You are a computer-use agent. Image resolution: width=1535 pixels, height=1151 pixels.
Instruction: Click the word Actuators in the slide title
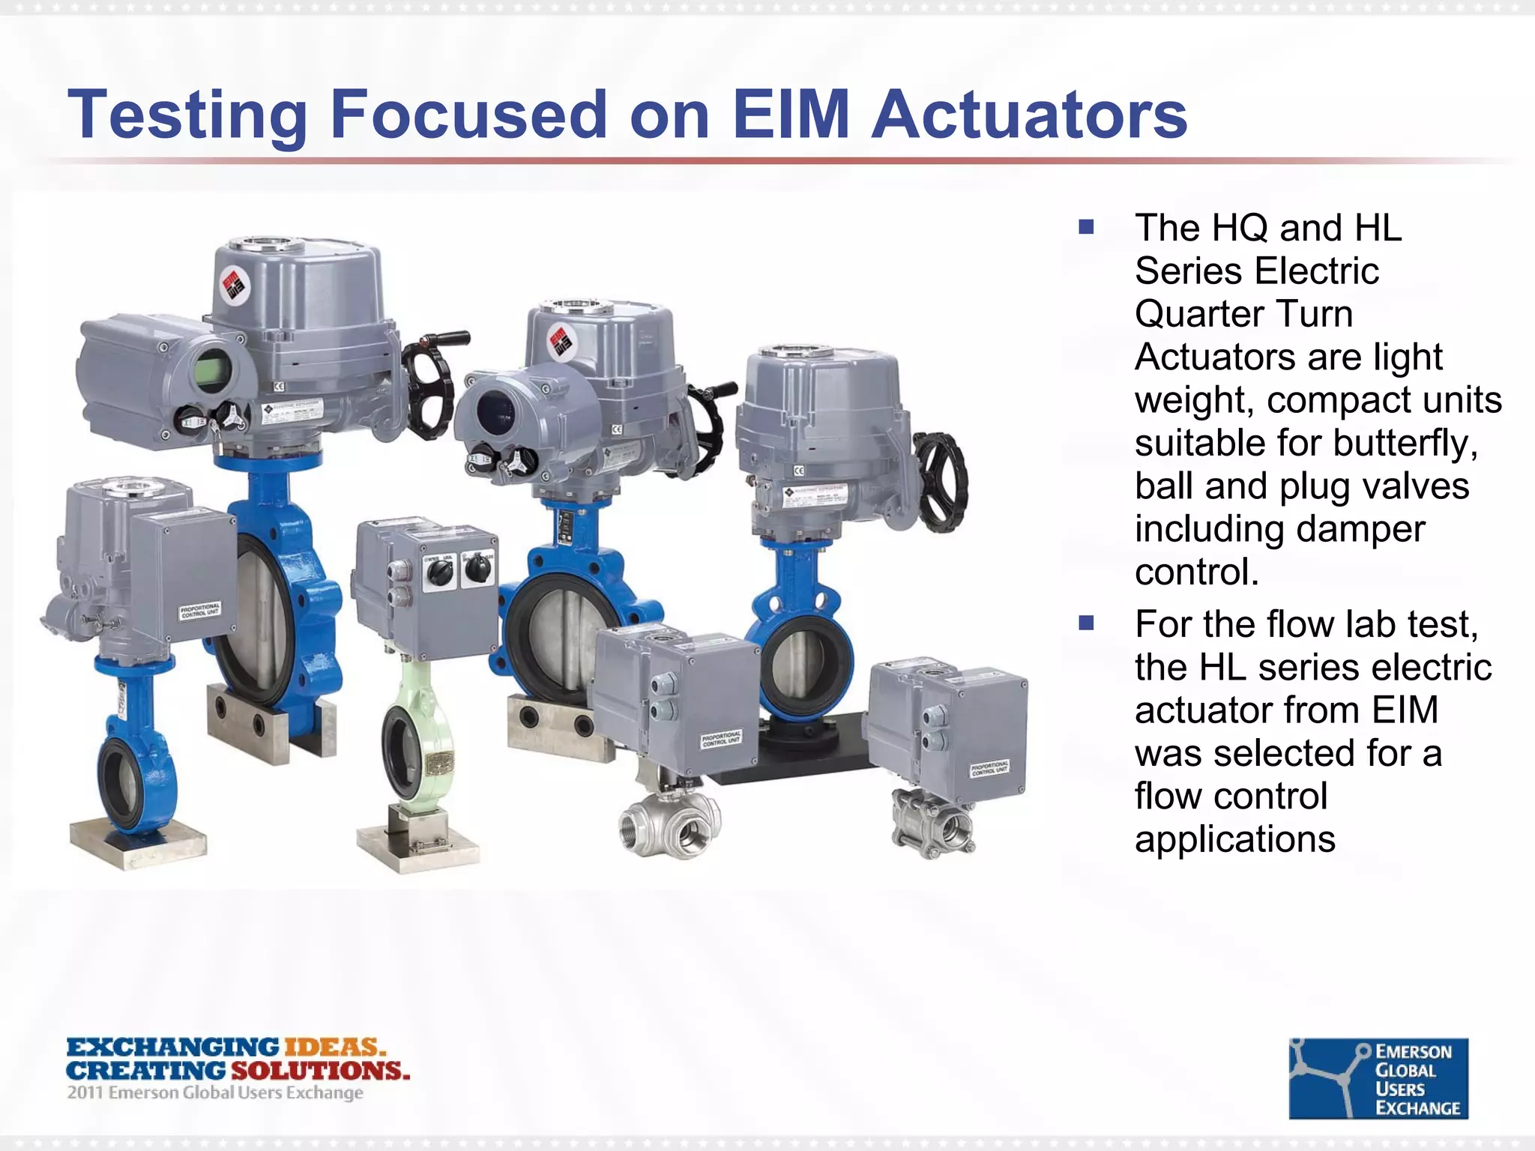pyautogui.click(x=1028, y=115)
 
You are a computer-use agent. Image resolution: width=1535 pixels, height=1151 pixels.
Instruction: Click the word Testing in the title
pyautogui.click(x=187, y=116)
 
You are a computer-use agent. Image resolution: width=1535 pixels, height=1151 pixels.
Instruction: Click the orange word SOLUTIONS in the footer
pyautogui.click(x=320, y=1070)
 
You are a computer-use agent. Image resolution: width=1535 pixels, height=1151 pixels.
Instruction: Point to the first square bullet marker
pyautogui.click(x=1086, y=227)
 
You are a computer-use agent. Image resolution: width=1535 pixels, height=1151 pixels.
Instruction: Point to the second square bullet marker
pyautogui.click(x=1086, y=623)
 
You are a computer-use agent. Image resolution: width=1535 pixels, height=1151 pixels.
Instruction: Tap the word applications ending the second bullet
pyautogui.click(x=1234, y=839)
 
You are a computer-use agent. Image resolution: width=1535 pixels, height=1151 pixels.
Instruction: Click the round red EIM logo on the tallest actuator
pyautogui.click(x=234, y=287)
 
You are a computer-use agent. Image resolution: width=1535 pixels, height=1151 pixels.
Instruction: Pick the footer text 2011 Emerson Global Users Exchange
pyautogui.click(x=215, y=1093)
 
